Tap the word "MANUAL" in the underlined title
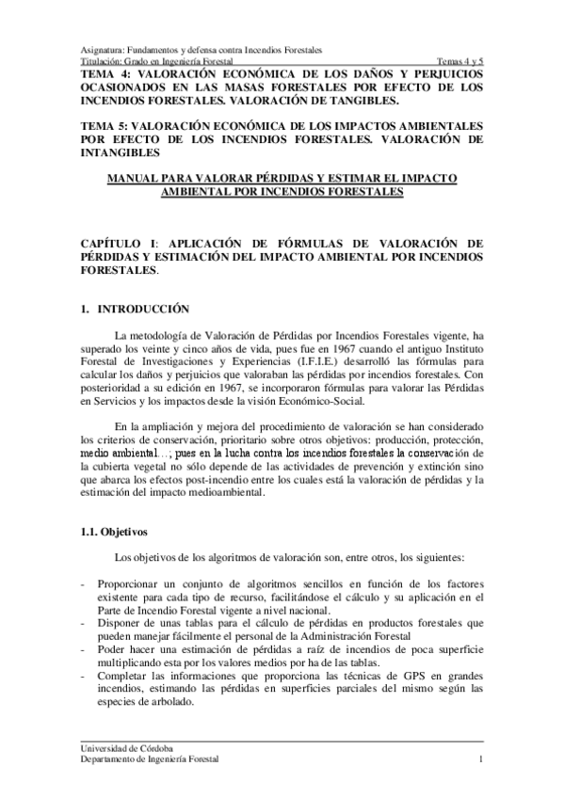point(137,178)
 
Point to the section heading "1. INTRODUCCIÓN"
point(136,309)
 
